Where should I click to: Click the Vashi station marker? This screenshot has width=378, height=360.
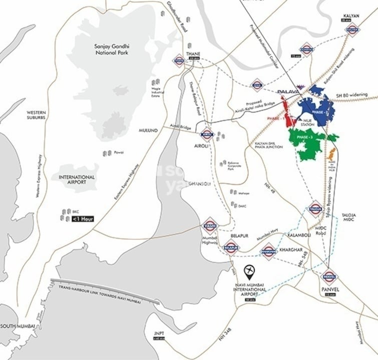[210, 225]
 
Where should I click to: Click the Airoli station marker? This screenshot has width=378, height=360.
[207, 134]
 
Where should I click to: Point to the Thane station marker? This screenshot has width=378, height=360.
[179, 60]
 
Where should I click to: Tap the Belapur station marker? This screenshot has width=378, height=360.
[231, 247]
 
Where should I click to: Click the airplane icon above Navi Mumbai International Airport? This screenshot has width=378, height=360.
[249, 273]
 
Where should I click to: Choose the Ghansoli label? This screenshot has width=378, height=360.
[201, 183]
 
